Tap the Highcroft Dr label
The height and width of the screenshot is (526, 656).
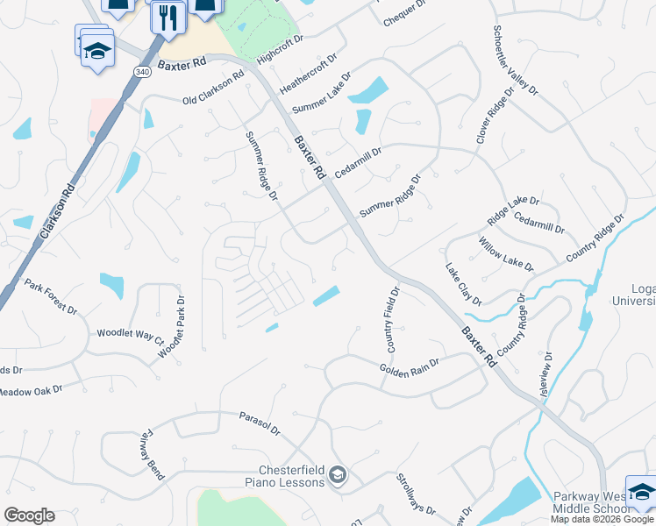click(281, 50)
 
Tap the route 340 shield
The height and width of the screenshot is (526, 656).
click(142, 71)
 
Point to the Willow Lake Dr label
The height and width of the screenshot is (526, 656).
click(506, 253)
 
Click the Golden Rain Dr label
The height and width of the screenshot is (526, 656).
click(409, 366)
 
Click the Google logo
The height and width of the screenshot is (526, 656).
click(29, 515)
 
